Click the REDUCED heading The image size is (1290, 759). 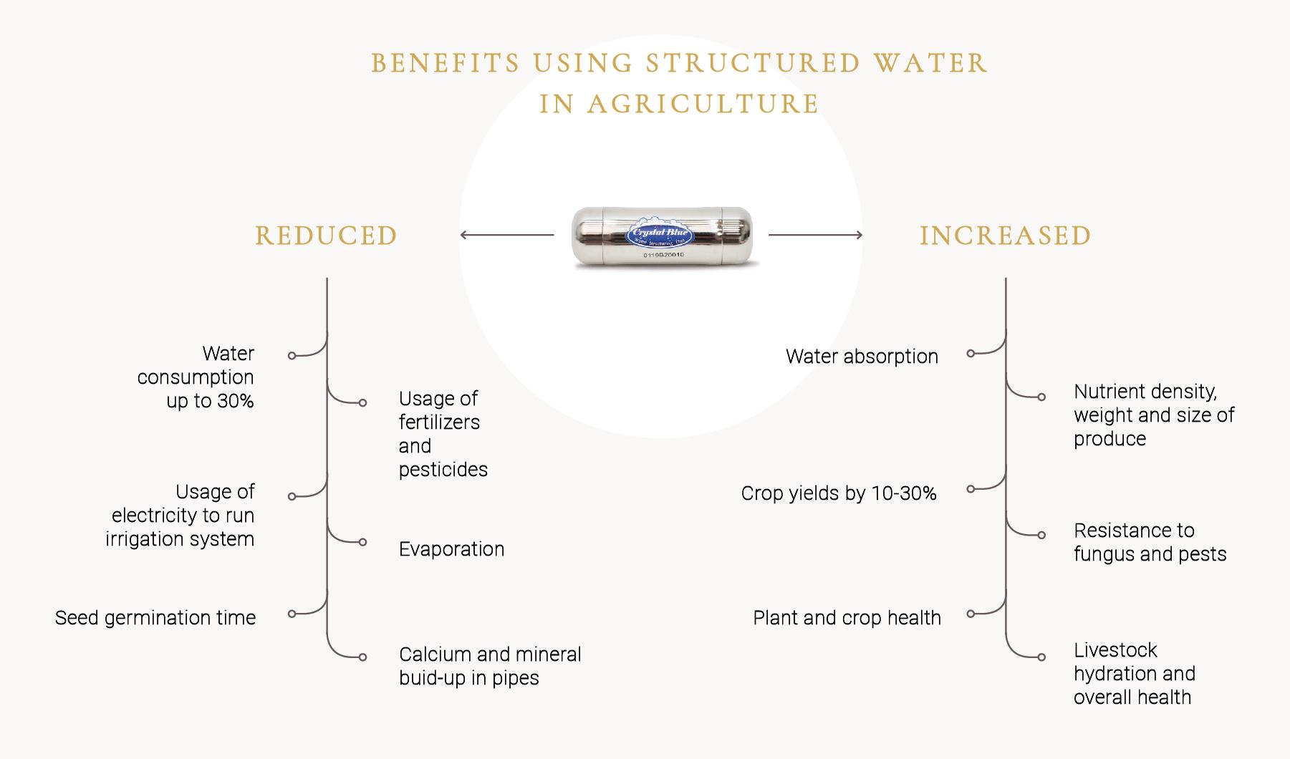pyautogui.click(x=326, y=236)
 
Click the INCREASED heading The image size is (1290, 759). pyautogui.click(x=1005, y=236)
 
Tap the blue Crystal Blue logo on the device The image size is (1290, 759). pyautogui.click(x=658, y=233)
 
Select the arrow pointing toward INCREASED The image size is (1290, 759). pyautogui.click(x=815, y=235)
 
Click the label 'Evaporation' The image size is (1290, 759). pyautogui.click(x=451, y=549)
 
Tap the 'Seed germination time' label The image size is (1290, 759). pyautogui.click(x=155, y=618)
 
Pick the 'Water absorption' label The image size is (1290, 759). pyautogui.click(x=862, y=357)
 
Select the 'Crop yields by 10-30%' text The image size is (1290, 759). pyautogui.click(x=839, y=493)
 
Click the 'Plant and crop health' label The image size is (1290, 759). pyautogui.click(x=847, y=618)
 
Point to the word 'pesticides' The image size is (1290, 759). pyautogui.click(x=443, y=470)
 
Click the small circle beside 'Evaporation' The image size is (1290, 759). pyautogui.click(x=362, y=542)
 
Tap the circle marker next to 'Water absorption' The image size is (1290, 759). pyautogui.click(x=971, y=353)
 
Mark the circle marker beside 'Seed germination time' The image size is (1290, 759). pyautogui.click(x=292, y=614)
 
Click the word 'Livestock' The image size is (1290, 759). pyautogui.click(x=1115, y=650)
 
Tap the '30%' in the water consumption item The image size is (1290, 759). pyautogui.click(x=236, y=401)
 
